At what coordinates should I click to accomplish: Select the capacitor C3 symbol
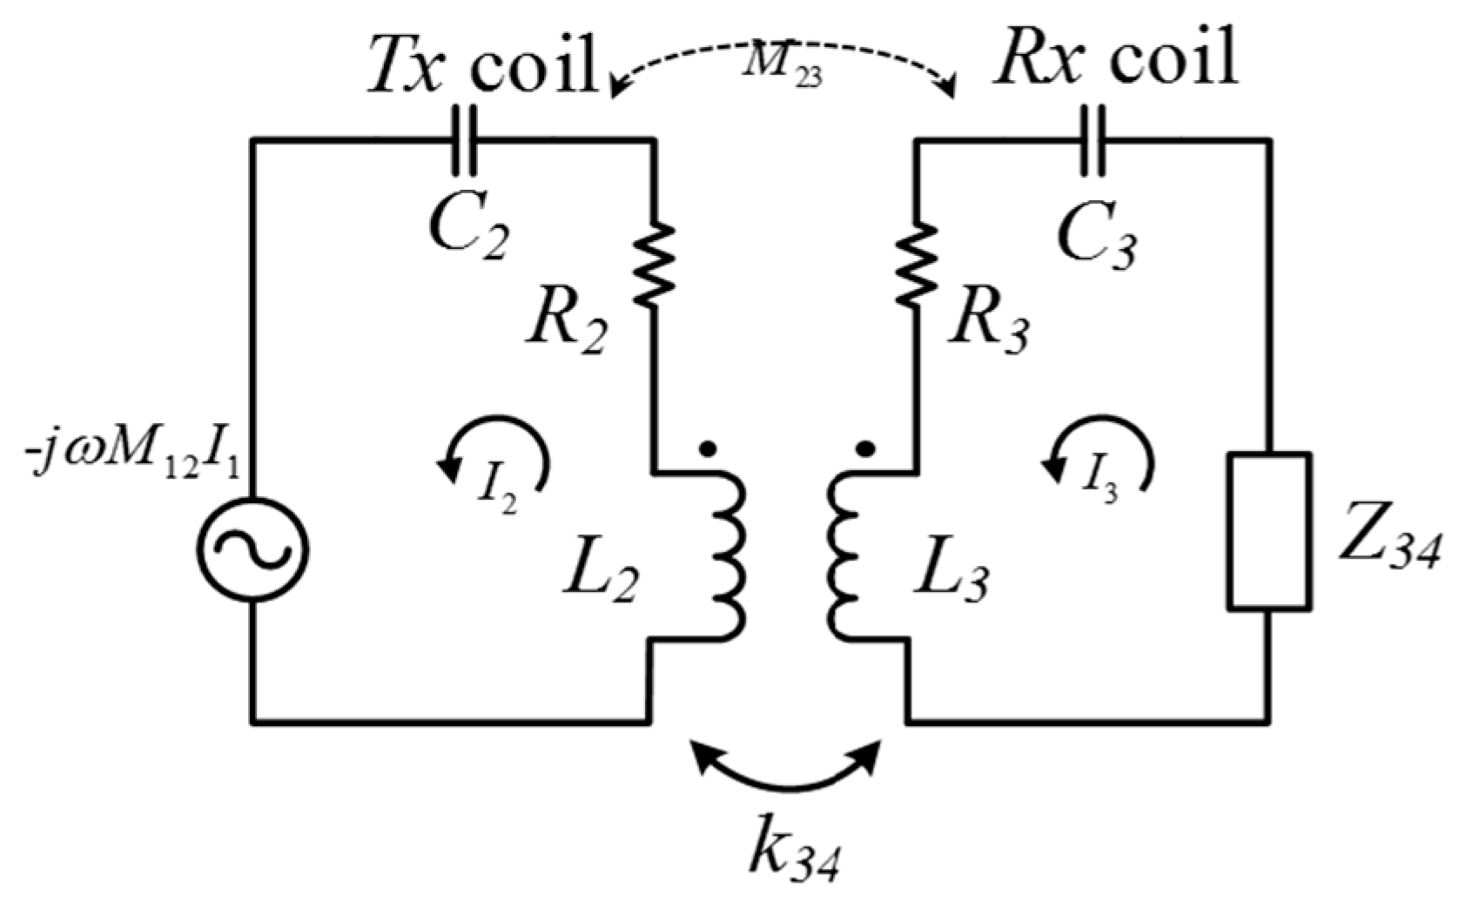tap(1092, 140)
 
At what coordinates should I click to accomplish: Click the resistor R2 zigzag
tap(655, 264)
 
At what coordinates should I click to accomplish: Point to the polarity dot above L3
tap(864, 450)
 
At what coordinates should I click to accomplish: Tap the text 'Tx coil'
tap(483, 63)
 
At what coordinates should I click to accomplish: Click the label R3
tap(991, 324)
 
